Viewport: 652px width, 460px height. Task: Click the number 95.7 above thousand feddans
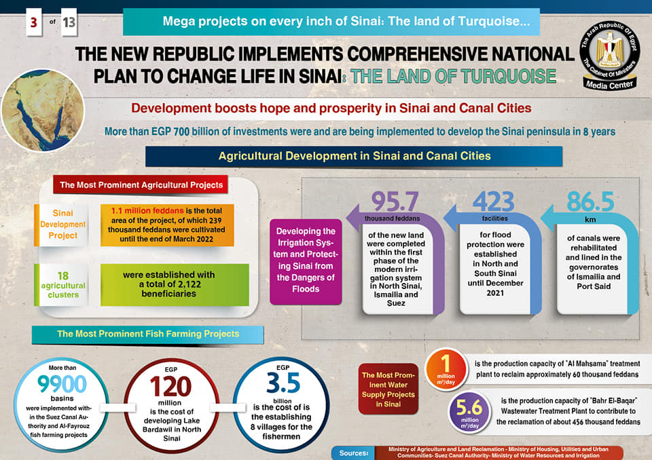pyautogui.click(x=395, y=202)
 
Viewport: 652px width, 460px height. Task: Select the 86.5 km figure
pyautogui.click(x=590, y=202)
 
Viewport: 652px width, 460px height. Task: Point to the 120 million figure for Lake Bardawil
pyautogui.click(x=166, y=387)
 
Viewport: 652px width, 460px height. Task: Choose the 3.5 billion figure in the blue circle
pyautogui.click(x=283, y=384)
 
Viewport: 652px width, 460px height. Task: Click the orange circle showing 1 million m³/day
pyautogui.click(x=446, y=370)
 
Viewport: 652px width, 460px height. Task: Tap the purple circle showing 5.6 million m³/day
pyautogui.click(x=469, y=411)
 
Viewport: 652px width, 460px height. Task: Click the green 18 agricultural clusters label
pyautogui.click(x=62, y=285)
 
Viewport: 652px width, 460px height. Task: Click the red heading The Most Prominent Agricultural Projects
pyautogui.click(x=141, y=185)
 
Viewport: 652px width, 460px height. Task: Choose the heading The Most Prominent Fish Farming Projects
pyautogui.click(x=148, y=334)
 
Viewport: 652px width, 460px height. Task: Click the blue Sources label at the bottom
pyautogui.click(x=352, y=453)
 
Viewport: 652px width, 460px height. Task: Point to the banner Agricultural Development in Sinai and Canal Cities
pyautogui.click(x=354, y=156)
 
